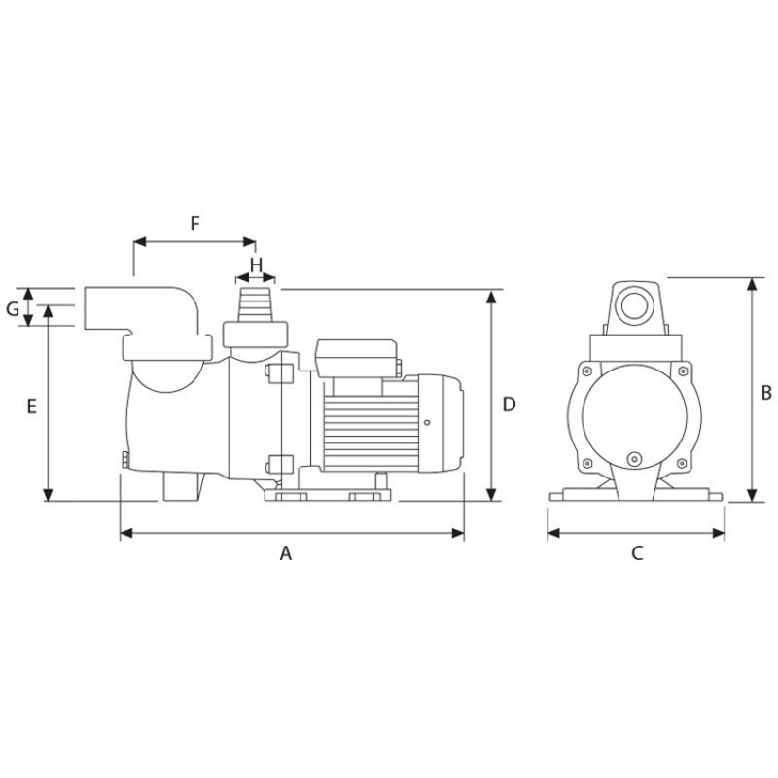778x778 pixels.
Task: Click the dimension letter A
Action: click(286, 552)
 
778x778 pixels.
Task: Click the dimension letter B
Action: click(766, 393)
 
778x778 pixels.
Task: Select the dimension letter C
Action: click(637, 552)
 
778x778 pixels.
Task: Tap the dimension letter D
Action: click(509, 405)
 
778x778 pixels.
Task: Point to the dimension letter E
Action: click(32, 407)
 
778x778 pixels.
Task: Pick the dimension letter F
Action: click(195, 224)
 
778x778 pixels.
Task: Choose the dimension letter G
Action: click(13, 309)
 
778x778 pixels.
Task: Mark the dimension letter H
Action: click(256, 265)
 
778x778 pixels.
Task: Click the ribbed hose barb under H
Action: click(256, 304)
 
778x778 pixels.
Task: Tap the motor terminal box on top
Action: click(356, 358)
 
